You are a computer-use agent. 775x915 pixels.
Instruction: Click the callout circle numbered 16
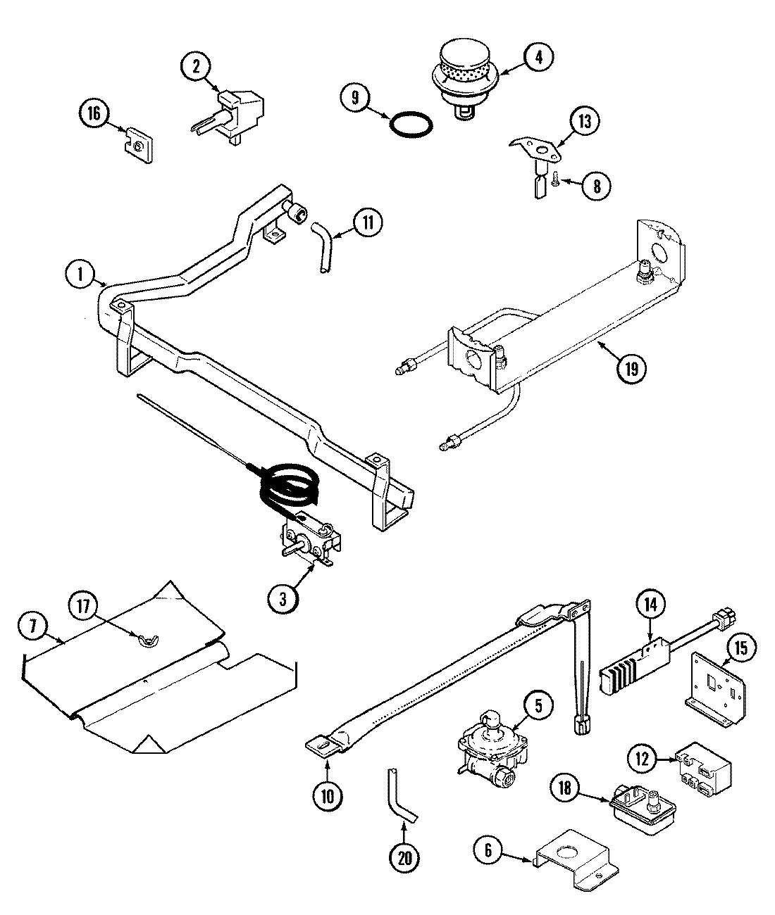94,113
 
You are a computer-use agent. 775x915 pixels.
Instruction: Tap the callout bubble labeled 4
538,58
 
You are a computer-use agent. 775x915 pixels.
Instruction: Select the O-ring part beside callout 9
412,124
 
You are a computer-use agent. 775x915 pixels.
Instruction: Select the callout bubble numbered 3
283,599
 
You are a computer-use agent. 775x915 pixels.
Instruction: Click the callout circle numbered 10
329,796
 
